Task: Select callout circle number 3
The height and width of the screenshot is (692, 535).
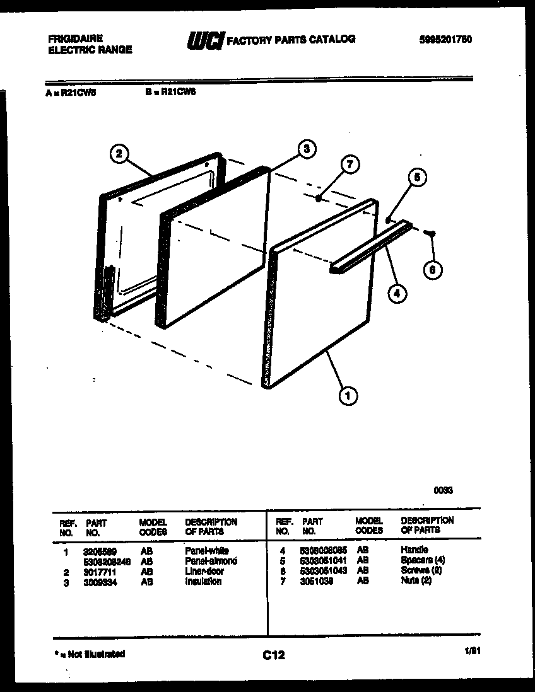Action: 306,149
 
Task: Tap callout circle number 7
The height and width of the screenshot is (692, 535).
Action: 350,165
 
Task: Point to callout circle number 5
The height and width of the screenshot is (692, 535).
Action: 416,178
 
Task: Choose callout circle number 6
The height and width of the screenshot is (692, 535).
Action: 432,270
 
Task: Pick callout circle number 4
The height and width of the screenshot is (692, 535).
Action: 397,292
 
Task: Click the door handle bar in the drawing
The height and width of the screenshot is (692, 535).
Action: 369,246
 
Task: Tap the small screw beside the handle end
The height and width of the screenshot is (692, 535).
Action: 432,233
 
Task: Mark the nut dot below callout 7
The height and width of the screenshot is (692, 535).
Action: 319,199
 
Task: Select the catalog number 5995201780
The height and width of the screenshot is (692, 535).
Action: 445,40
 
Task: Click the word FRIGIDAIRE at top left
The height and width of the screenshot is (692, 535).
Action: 75,38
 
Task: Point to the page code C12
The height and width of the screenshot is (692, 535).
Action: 274,655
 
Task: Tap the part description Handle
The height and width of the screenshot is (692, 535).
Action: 414,550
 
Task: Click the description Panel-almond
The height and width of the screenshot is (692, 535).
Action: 211,561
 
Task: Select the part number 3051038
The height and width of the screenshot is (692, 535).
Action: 317,581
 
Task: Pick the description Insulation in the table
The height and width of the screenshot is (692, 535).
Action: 203,582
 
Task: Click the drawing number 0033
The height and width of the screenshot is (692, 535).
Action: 443,490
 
